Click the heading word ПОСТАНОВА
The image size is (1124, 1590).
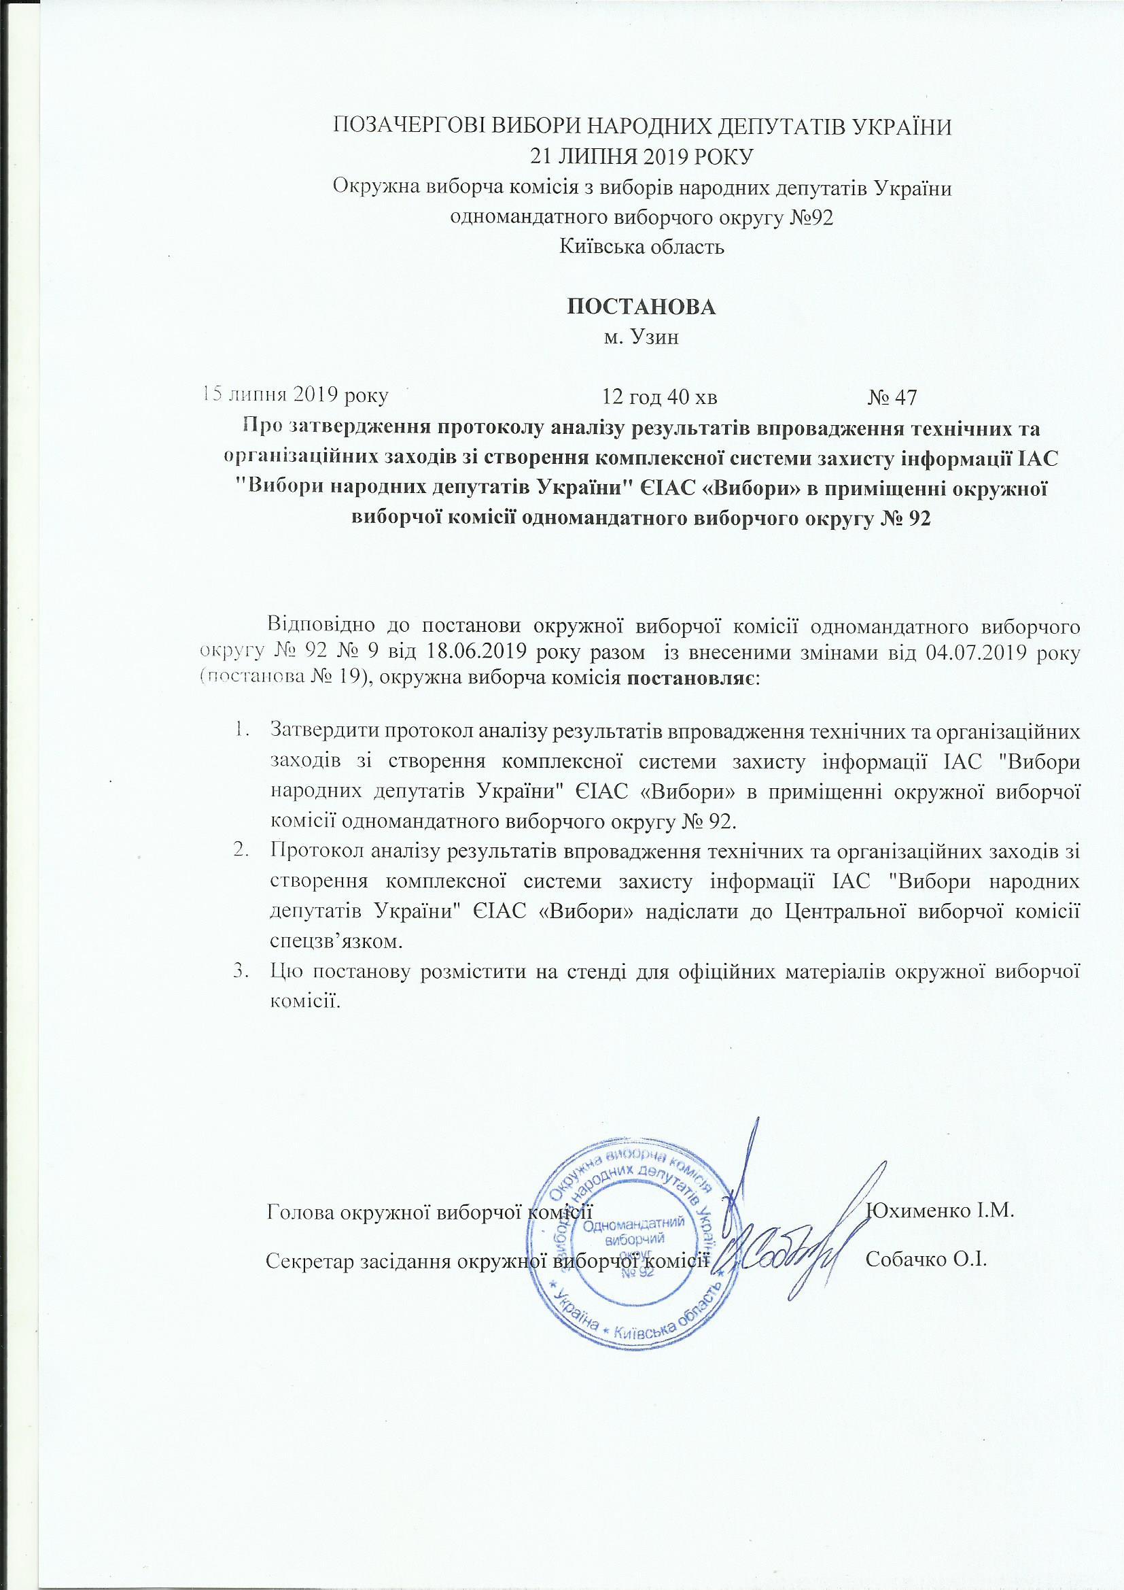click(x=642, y=307)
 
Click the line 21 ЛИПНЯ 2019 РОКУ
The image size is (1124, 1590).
click(x=642, y=157)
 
